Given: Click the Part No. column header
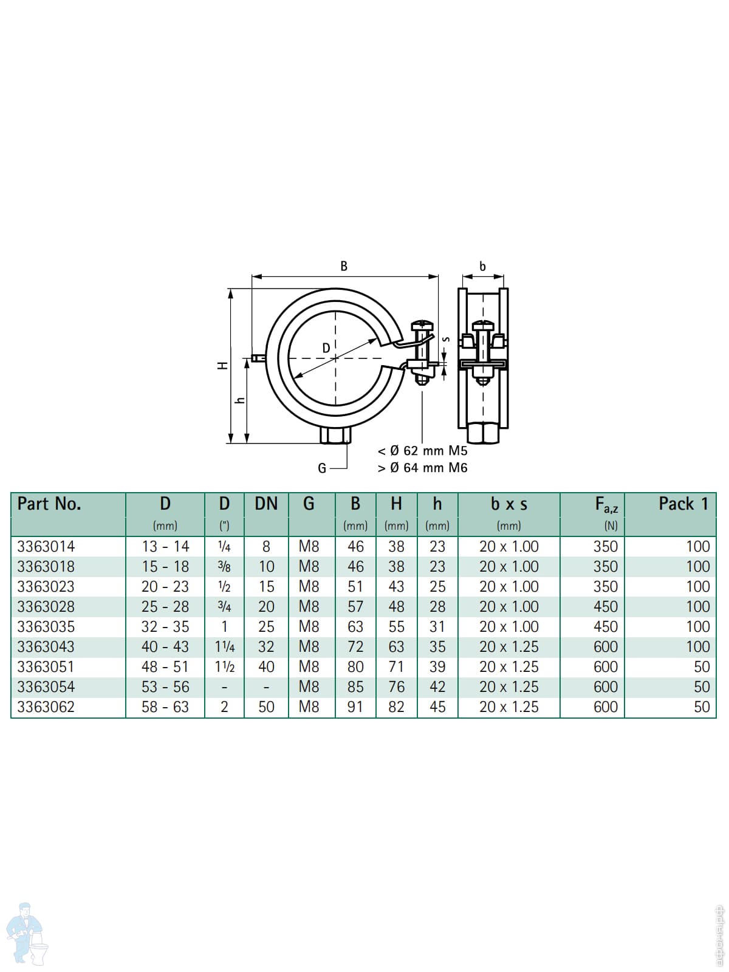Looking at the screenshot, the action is [x=49, y=504].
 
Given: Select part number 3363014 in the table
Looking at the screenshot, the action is [x=46, y=546].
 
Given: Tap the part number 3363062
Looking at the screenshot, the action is [x=46, y=707].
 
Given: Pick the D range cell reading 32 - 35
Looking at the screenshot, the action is [x=165, y=626].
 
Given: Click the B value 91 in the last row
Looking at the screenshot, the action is [x=355, y=707].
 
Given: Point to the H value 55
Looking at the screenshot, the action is [x=396, y=626].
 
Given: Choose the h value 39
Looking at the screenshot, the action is [x=437, y=666].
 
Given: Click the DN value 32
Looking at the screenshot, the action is [x=266, y=646].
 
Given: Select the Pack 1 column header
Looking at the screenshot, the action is [x=683, y=504].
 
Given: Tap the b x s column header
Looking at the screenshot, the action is [x=509, y=504].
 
